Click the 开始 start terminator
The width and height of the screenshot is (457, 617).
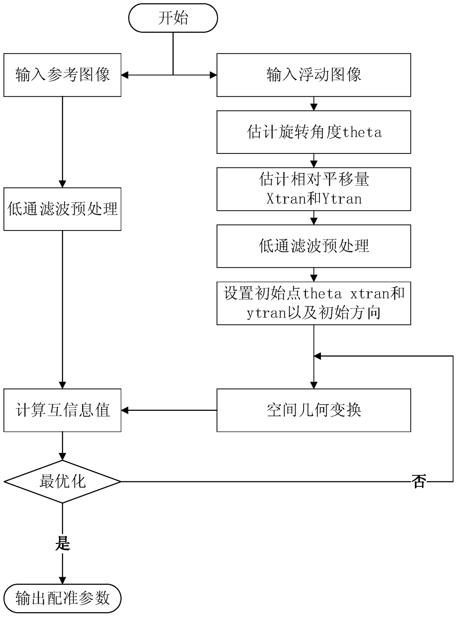[173, 18]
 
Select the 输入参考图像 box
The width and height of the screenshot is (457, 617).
[62, 75]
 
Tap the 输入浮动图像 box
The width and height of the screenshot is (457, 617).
[314, 75]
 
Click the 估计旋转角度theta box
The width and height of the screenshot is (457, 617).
[314, 132]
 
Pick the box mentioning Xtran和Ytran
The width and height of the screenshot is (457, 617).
[314, 189]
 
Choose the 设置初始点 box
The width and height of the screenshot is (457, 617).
[314, 303]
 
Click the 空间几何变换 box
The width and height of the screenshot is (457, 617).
[314, 410]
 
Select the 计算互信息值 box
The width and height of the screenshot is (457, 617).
[62, 410]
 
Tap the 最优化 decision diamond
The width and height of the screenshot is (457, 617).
[62, 481]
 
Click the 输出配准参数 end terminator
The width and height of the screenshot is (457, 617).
[62, 598]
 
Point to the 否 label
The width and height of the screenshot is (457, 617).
[419, 481]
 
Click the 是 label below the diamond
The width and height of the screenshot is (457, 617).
[63, 543]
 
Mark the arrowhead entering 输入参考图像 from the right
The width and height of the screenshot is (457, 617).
[125, 75]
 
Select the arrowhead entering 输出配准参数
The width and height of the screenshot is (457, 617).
[62, 580]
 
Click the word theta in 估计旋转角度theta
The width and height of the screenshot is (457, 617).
[362, 132]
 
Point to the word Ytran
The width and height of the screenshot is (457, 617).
[342, 199]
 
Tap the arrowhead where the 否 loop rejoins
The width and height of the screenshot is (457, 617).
[317, 356]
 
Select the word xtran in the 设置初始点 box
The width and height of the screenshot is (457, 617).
[369, 294]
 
